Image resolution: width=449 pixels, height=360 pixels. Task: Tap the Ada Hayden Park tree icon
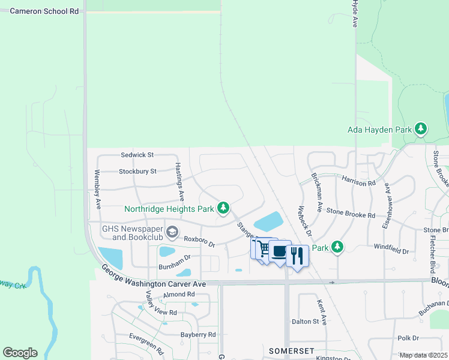point(421,129)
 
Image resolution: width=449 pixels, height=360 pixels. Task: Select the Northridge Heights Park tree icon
point(223,209)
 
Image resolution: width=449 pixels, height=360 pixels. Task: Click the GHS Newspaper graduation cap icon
point(172,232)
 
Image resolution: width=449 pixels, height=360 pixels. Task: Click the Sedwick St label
point(137,155)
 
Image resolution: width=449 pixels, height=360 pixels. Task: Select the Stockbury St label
point(137,171)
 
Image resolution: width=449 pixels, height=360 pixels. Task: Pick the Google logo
point(20,352)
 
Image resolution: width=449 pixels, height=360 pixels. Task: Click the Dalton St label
point(305,322)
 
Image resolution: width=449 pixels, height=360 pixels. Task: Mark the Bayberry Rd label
point(198,334)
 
